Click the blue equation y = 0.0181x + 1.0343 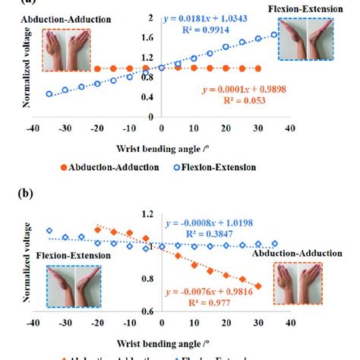(x=220, y=17)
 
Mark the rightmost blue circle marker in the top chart (x=274, y=34)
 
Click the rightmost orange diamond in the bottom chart (x=258, y=286)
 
